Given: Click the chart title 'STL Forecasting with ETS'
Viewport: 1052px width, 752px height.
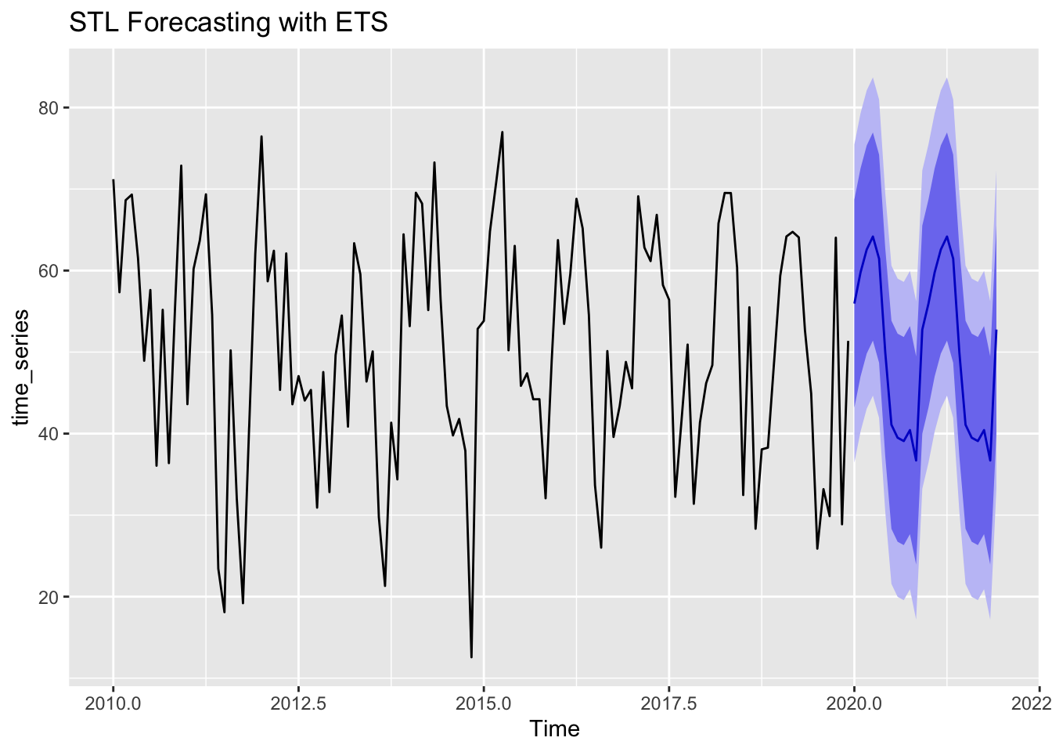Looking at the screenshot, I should [x=229, y=23].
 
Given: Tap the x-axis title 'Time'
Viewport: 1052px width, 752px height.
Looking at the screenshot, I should [x=554, y=728].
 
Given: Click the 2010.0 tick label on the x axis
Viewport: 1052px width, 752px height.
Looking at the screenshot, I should [x=113, y=702].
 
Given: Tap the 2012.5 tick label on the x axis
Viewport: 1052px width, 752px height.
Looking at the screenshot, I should [x=298, y=702].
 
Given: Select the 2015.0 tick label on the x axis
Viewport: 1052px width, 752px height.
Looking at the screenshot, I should [x=484, y=702].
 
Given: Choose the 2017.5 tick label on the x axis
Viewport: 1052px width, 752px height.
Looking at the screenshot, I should [x=668, y=702].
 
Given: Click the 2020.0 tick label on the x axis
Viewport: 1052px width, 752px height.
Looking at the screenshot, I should [x=854, y=702].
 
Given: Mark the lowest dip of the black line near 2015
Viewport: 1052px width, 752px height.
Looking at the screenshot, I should [x=471, y=657].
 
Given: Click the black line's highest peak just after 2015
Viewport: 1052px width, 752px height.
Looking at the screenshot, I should [x=502, y=132].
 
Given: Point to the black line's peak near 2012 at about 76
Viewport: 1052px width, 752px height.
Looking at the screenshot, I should [x=261, y=136].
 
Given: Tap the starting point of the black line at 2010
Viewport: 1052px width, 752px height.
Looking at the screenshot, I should [x=113, y=180].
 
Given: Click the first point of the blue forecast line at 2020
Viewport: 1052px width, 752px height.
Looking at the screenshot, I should [x=854, y=303].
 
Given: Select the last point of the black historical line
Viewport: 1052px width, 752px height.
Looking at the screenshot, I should [x=848, y=342].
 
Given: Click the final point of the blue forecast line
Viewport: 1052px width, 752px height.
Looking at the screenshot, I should [x=996, y=331].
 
